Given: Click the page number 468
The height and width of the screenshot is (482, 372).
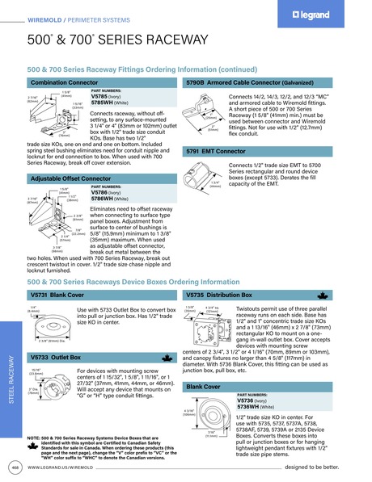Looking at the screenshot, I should tap(14, 467).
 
